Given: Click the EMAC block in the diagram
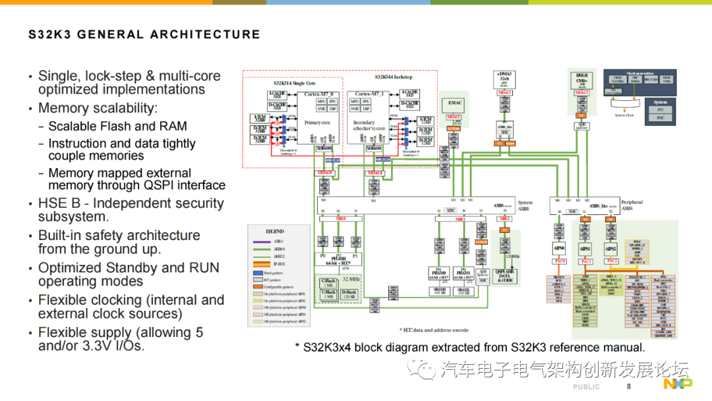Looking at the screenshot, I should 456,104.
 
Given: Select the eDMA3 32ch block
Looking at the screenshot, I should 504,77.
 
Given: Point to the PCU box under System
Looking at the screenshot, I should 660,109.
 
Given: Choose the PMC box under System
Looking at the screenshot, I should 660,117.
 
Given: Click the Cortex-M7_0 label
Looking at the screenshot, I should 322,94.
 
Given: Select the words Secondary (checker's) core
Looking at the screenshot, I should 364,125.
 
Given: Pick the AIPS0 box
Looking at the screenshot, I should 559,249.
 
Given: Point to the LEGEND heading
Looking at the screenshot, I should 274,231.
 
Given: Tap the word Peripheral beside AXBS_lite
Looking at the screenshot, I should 632,202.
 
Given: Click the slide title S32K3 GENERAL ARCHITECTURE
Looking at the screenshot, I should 144,35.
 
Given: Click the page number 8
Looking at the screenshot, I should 629,386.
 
